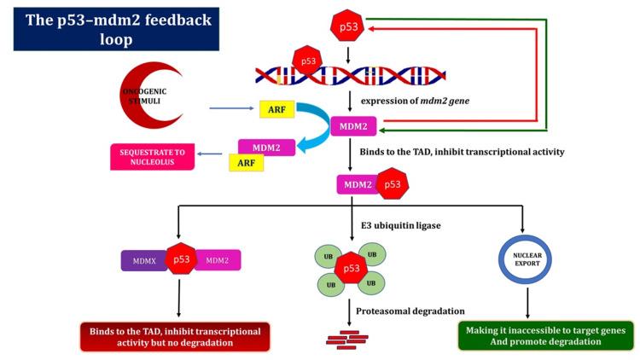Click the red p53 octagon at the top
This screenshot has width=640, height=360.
tap(350, 27)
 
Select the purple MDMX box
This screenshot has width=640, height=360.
tap(145, 260)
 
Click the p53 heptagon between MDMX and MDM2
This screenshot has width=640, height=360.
tap(181, 260)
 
